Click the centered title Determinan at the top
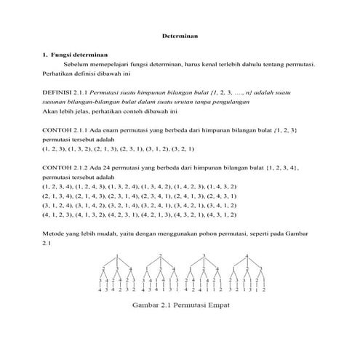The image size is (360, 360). pyautogui.click(x=180, y=35)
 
